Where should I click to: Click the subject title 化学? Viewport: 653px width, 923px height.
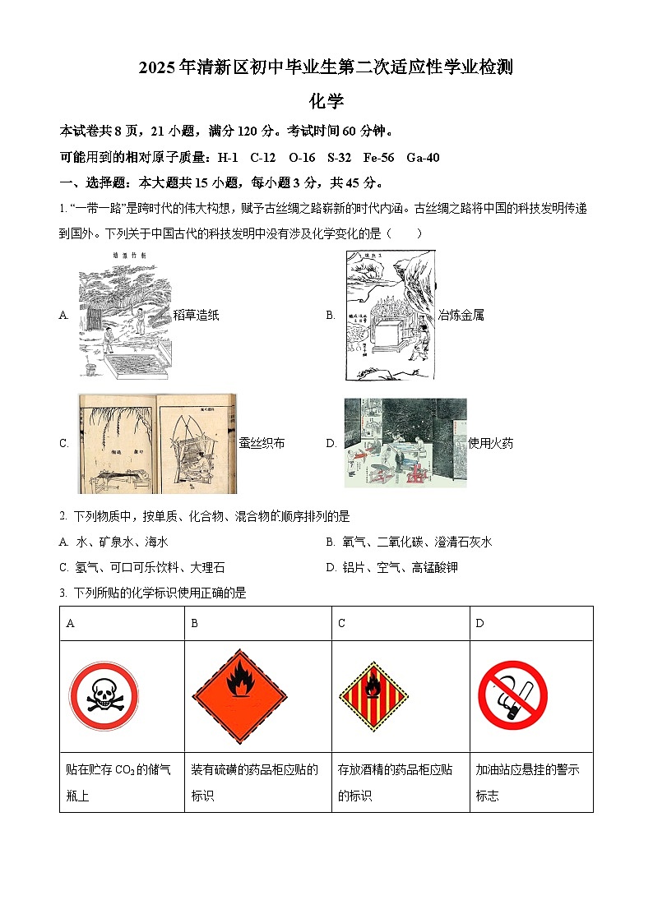[326, 101]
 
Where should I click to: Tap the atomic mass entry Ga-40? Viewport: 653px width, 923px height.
[423, 158]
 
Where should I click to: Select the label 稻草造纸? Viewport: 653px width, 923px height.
[196, 315]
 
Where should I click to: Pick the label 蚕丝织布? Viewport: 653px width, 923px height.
[262, 443]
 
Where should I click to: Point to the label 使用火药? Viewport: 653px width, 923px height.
[490, 443]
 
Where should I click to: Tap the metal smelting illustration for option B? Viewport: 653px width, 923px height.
[390, 316]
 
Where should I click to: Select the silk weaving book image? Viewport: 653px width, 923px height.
[157, 443]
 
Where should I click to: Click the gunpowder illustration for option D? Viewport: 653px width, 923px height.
[405, 443]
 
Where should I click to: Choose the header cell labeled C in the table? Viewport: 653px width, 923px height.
[341, 624]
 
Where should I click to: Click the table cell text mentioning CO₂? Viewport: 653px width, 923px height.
[120, 782]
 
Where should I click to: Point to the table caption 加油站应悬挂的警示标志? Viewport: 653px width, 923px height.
[528, 782]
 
